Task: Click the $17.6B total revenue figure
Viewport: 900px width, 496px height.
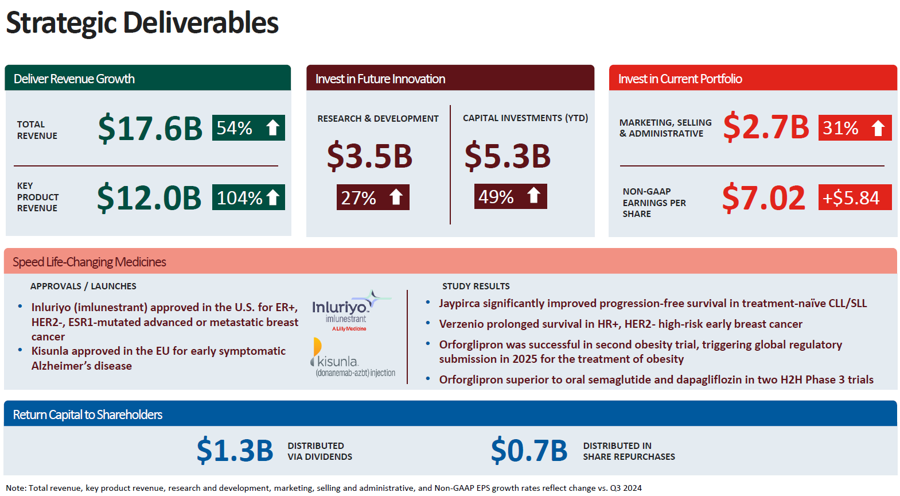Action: [x=150, y=128]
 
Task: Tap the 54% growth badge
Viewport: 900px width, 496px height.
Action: [x=248, y=127]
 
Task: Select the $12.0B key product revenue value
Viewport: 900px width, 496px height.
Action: [x=149, y=198]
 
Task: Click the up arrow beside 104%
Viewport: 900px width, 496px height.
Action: [x=273, y=197]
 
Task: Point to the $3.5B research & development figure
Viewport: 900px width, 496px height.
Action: [x=369, y=156]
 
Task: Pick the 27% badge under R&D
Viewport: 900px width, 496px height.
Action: [x=372, y=197]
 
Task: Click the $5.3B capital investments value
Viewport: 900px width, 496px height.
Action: [x=507, y=156]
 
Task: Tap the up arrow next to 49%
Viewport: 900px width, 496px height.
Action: [x=533, y=196]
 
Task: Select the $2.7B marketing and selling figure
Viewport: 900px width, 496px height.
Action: [x=766, y=127]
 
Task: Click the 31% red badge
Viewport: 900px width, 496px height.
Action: [x=854, y=128]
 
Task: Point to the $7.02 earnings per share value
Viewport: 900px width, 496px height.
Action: [x=763, y=198]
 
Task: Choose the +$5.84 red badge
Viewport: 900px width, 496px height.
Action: [x=854, y=197]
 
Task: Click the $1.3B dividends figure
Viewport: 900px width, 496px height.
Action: [x=235, y=451]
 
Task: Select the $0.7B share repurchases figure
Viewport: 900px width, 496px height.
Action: [x=529, y=451]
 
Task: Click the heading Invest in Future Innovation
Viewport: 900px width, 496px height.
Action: [x=380, y=79]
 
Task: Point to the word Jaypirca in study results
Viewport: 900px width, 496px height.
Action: [x=459, y=303]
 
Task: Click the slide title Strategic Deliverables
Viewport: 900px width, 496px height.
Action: [x=142, y=23]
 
